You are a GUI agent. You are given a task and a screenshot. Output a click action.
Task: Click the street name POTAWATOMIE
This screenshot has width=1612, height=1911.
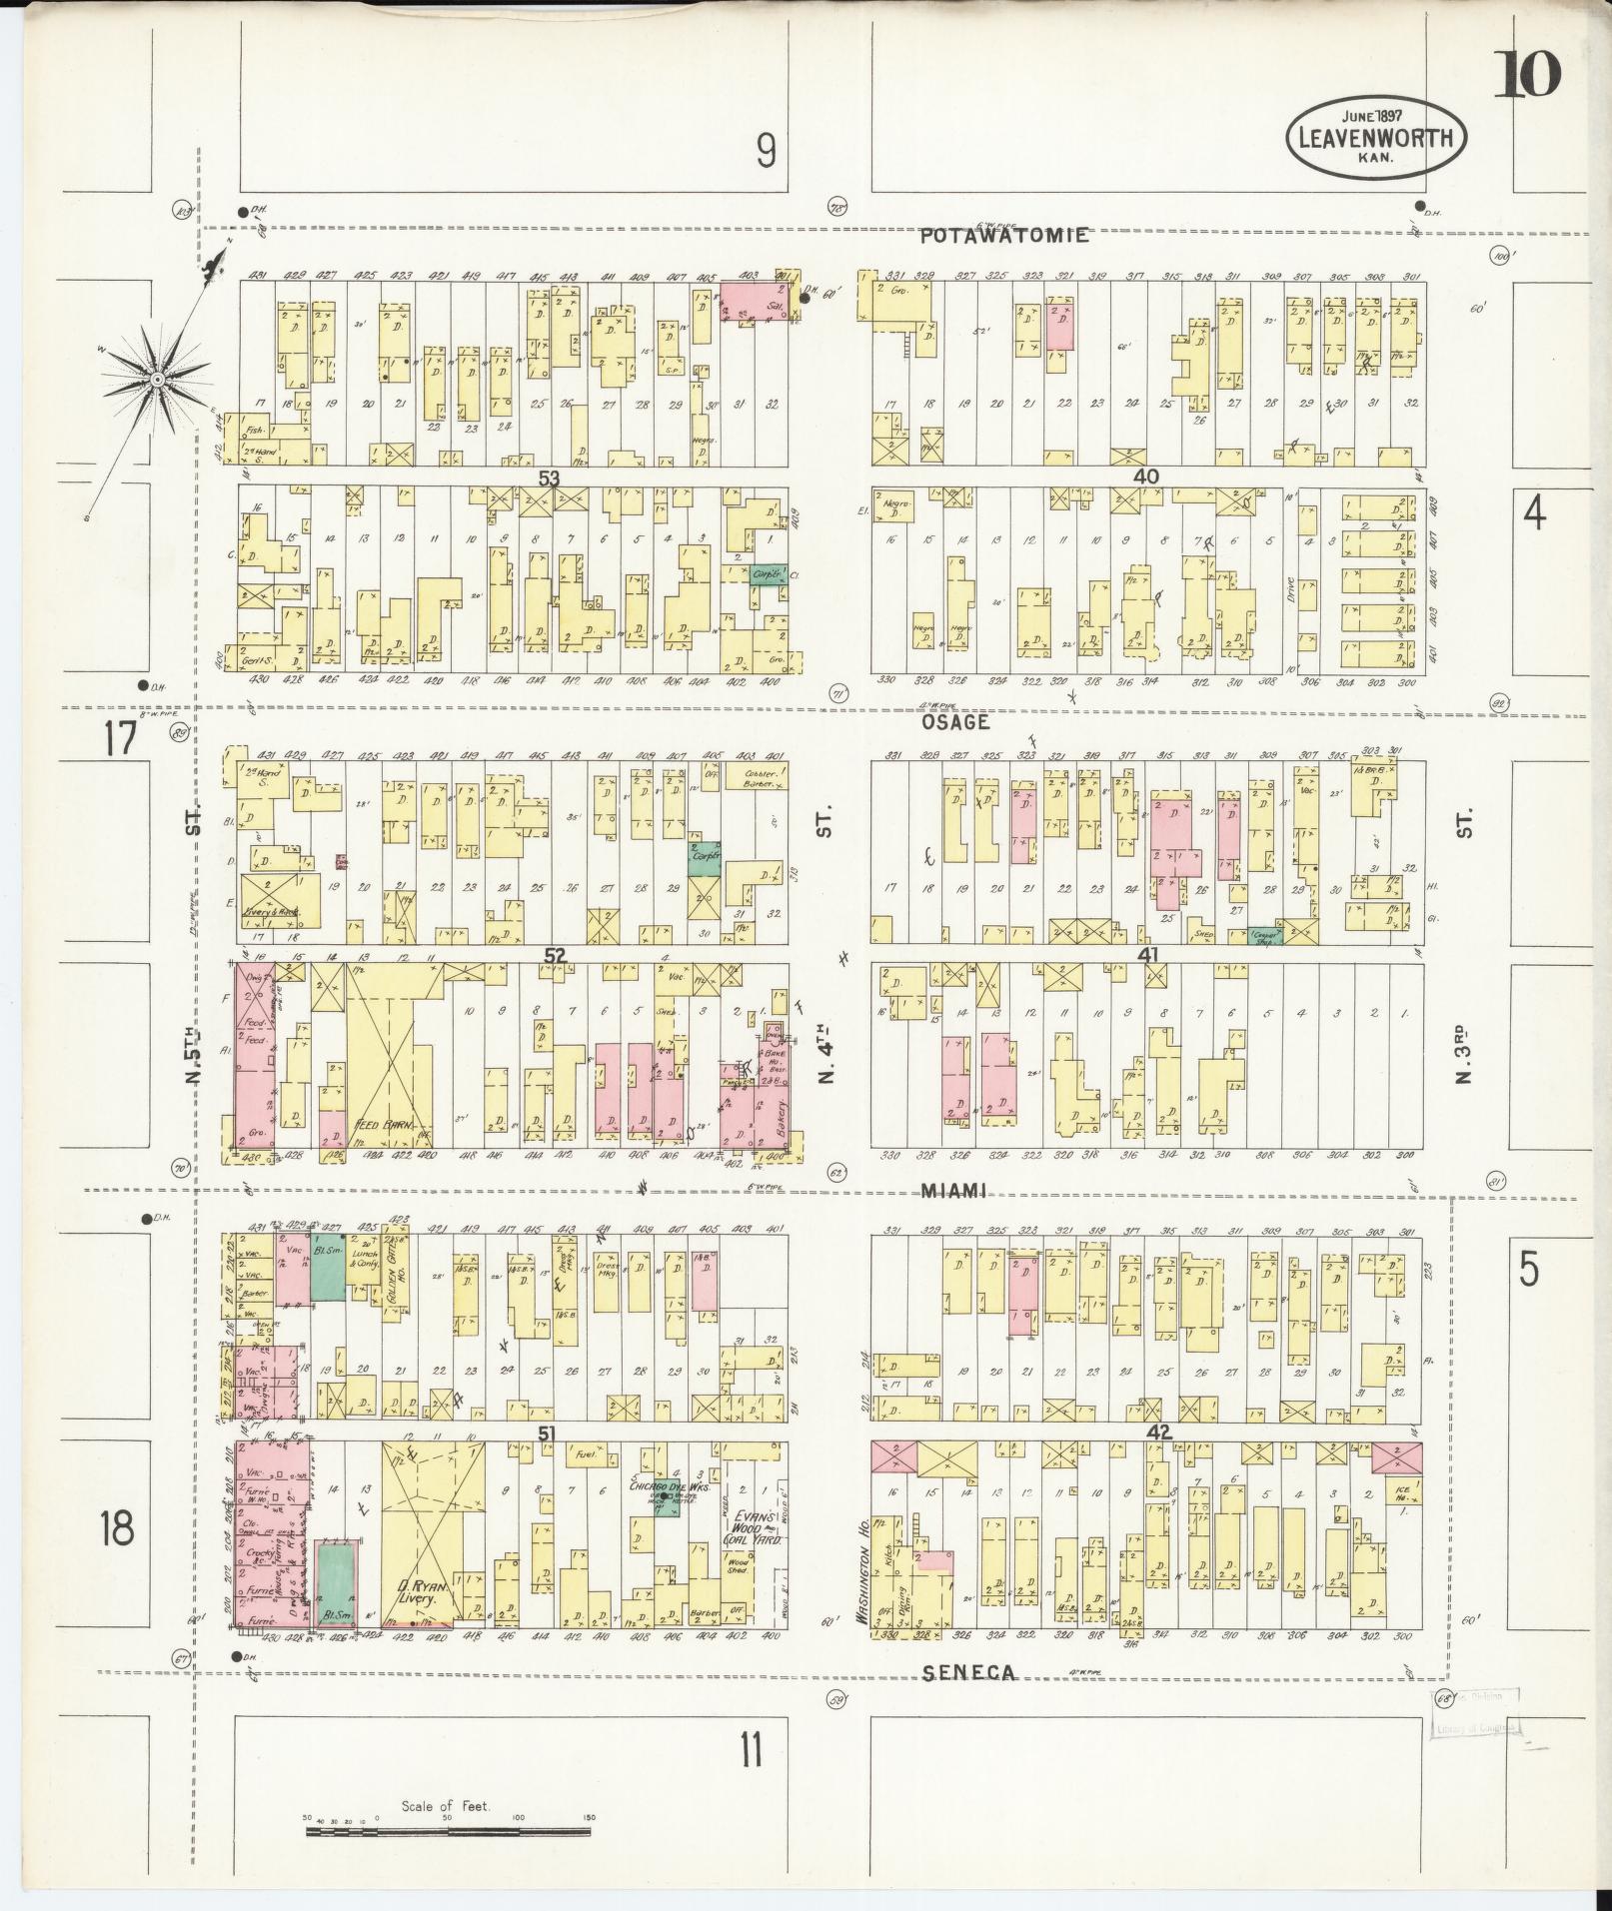pyautogui.click(x=1004, y=236)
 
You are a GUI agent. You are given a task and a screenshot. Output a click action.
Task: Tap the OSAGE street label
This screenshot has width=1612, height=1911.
pyautogui.click(x=954, y=721)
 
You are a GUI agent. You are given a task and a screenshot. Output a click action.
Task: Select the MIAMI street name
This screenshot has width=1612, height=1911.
pyautogui.click(x=953, y=1190)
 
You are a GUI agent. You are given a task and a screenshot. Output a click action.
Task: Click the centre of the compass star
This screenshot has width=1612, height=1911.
pyautogui.click(x=157, y=380)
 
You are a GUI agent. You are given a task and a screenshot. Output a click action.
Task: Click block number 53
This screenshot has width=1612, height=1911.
pyautogui.click(x=549, y=478)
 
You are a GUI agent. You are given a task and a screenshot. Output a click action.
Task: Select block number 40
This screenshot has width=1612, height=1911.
pyautogui.click(x=1145, y=478)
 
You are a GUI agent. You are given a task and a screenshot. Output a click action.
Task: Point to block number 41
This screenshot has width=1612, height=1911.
pyautogui.click(x=1148, y=955)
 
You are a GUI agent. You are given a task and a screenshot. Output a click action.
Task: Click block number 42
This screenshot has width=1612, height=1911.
pyautogui.click(x=1158, y=1433)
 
